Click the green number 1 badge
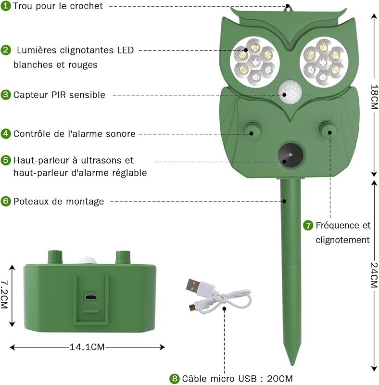(x=5, y=6)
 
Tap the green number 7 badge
(x=308, y=225)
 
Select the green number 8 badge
(x=174, y=378)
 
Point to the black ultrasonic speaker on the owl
(x=291, y=155)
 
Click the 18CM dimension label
(x=374, y=97)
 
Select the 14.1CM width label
(x=87, y=347)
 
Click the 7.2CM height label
(x=4, y=295)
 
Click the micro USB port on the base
(x=91, y=297)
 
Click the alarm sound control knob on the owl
(x=253, y=130)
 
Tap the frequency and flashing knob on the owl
(x=328, y=129)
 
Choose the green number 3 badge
(x=5, y=94)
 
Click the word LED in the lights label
(x=126, y=50)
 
